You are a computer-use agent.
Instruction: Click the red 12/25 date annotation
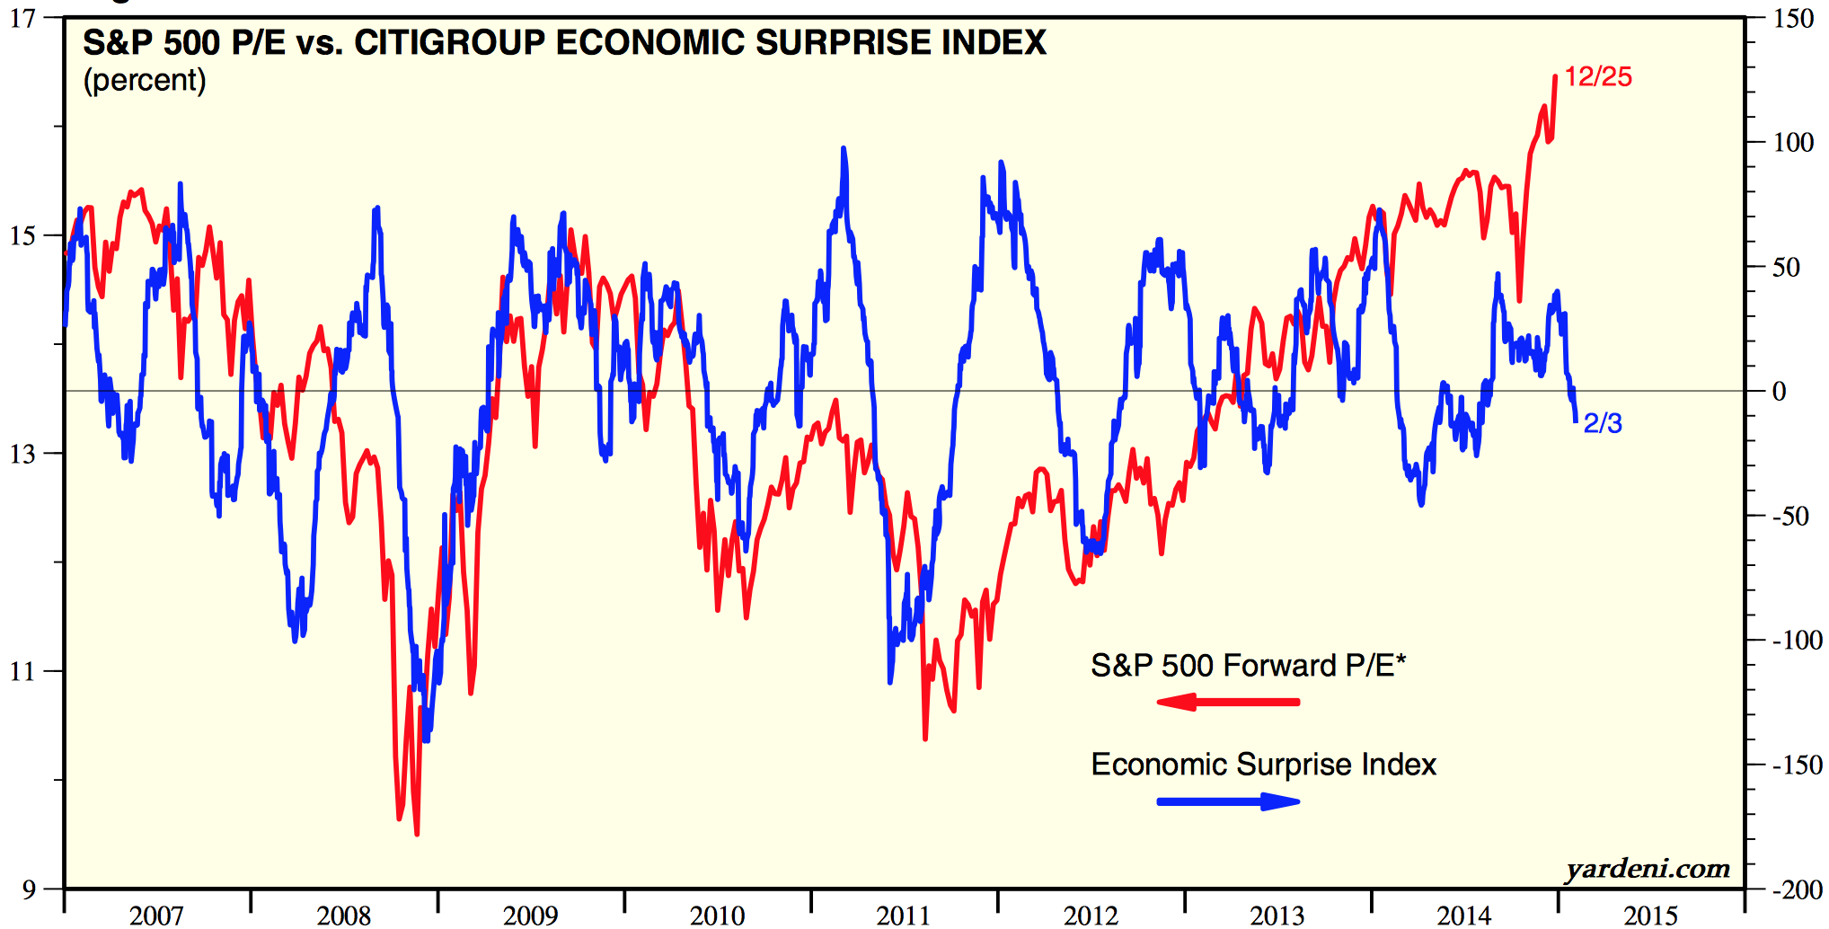coord(1597,77)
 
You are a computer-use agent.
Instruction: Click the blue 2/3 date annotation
coord(1602,423)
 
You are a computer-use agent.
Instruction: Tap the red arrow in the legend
coord(1227,702)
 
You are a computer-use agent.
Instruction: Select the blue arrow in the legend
coord(1227,801)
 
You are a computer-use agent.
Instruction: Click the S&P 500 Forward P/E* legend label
coord(1247,666)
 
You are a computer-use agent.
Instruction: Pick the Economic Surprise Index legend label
coord(1263,765)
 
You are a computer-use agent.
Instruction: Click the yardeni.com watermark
coord(1647,869)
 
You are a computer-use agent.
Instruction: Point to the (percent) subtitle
coord(145,81)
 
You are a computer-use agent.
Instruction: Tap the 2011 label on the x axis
coord(904,916)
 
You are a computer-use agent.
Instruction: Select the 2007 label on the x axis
coord(156,916)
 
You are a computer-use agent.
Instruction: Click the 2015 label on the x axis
coord(1650,916)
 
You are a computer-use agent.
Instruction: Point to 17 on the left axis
coord(23,18)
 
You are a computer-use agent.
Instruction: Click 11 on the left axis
coord(23,671)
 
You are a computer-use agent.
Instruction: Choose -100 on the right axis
coord(1796,641)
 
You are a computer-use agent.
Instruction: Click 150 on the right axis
coord(1793,18)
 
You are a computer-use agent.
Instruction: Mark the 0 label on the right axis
coord(1779,392)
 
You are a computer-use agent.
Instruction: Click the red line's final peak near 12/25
coord(1555,77)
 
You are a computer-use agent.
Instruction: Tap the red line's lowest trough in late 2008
coord(417,834)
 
